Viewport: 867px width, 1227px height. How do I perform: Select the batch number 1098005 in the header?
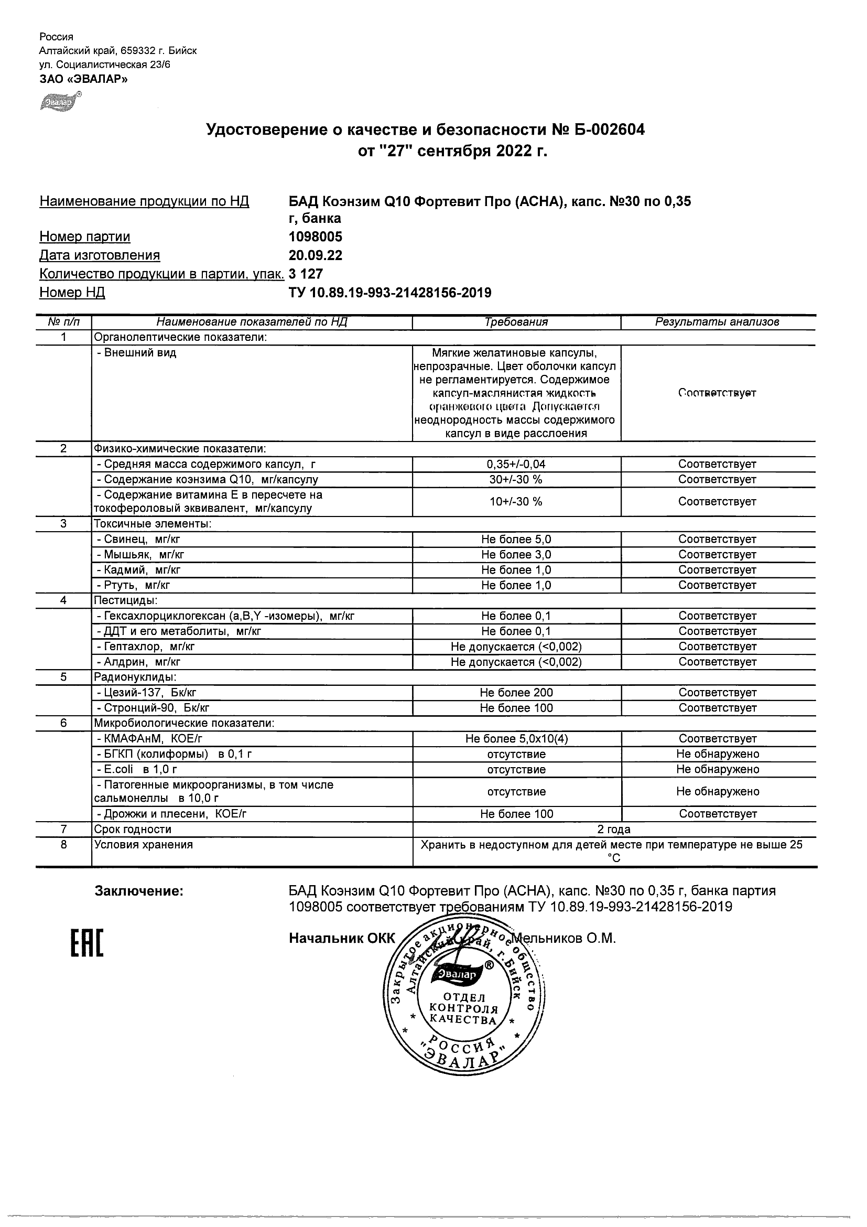point(315,236)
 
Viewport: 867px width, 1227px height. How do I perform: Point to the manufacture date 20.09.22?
point(315,255)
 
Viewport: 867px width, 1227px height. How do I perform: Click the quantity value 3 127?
point(306,274)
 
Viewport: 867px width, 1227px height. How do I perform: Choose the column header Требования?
point(516,322)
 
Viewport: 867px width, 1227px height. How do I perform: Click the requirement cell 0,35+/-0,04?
point(516,464)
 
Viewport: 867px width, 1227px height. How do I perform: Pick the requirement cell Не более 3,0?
point(516,555)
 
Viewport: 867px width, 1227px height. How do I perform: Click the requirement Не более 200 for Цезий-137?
point(516,693)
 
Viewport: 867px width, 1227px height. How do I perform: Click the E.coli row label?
point(137,770)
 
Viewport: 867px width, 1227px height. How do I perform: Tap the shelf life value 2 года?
point(614,830)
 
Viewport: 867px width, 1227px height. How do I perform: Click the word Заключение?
point(139,891)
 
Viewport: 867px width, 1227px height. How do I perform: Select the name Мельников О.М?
point(565,938)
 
